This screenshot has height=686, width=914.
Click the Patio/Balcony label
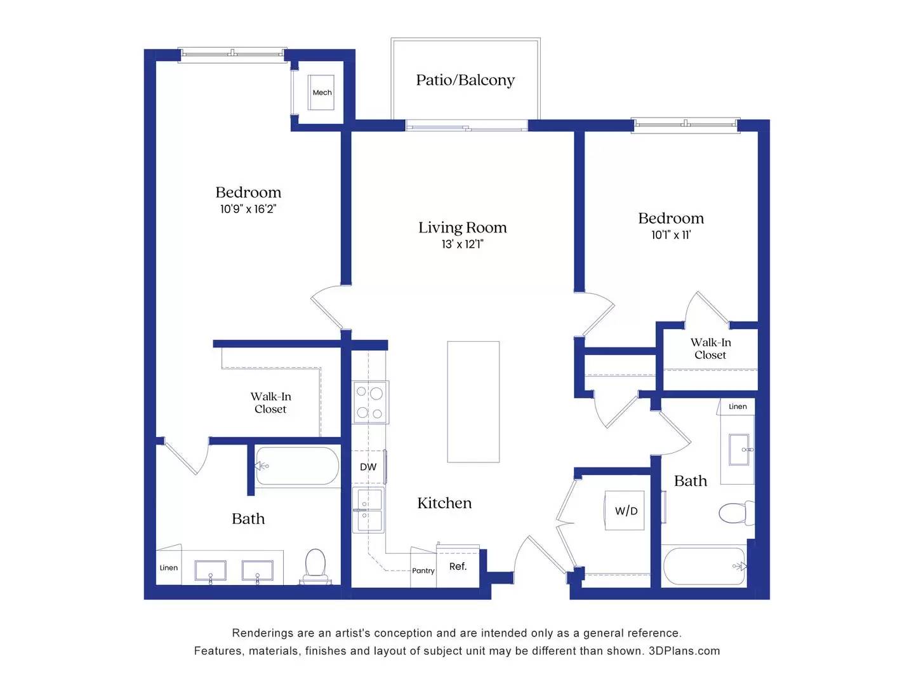[x=465, y=80]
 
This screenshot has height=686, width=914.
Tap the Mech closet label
[x=322, y=93]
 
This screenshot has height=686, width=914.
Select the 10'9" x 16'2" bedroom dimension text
[x=248, y=209]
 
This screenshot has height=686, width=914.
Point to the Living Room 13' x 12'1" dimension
[x=462, y=244]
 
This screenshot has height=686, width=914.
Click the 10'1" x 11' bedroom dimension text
[x=671, y=235]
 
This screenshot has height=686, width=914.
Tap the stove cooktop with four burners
[x=370, y=403]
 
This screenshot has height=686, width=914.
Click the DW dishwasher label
[x=368, y=467]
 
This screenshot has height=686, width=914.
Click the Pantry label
[x=423, y=570]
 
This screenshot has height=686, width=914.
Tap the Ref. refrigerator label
[x=458, y=566]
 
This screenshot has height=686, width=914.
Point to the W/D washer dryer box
[x=625, y=511]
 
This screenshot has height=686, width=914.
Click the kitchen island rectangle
[x=473, y=401]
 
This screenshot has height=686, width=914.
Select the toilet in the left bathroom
[x=315, y=565]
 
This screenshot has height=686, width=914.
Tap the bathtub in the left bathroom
[x=297, y=466]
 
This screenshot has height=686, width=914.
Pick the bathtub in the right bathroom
[x=703, y=566]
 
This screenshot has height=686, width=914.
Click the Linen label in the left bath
[x=169, y=568]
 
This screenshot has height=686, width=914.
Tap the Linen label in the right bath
[x=738, y=407]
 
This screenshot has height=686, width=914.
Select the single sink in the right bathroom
[x=739, y=449]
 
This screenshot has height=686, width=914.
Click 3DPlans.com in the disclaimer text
[x=684, y=651]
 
